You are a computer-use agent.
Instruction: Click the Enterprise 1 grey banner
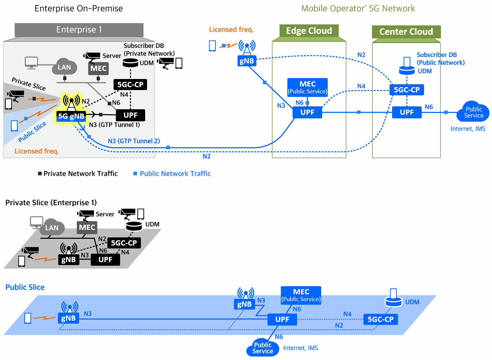click(79, 30)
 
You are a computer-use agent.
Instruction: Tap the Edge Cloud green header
click(309, 31)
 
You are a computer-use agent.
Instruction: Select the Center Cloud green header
click(406, 32)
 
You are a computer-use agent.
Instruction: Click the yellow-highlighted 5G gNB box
click(71, 116)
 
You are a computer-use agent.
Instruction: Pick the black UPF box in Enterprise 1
click(130, 115)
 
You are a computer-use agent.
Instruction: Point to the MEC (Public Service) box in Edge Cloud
click(307, 87)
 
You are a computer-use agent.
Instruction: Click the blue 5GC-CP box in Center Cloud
click(407, 90)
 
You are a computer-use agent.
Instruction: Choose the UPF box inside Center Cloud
click(407, 113)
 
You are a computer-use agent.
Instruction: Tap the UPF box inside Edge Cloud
click(307, 113)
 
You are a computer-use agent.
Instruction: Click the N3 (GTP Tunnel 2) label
click(134, 141)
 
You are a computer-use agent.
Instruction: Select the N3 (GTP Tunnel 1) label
click(115, 125)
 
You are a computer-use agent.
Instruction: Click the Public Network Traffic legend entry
click(172, 174)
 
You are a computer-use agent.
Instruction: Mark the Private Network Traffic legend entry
click(78, 174)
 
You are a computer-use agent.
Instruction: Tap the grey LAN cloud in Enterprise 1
click(64, 67)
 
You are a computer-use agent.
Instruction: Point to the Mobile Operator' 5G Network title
click(358, 8)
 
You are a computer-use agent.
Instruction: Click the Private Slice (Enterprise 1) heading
click(51, 203)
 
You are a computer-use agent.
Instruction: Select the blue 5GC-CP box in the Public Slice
click(381, 319)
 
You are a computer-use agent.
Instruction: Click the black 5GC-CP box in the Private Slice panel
click(124, 243)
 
